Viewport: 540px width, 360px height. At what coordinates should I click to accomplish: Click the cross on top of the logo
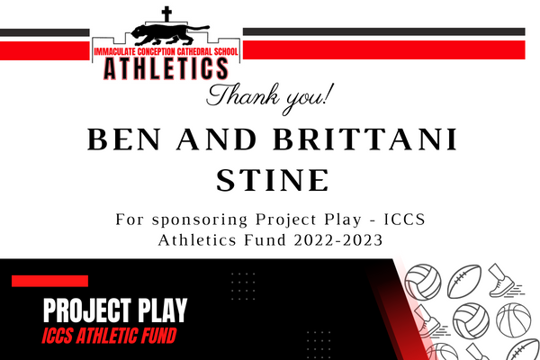tap(166, 14)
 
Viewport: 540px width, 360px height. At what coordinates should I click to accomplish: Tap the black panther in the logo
tap(170, 34)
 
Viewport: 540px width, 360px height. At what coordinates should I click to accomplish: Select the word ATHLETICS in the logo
tap(166, 68)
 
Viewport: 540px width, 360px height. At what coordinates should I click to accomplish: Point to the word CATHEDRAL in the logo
tap(194, 51)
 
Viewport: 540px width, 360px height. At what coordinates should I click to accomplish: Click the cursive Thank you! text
tap(270, 97)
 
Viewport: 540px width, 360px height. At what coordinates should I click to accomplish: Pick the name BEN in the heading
tap(124, 139)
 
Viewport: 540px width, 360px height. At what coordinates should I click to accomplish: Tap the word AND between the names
tap(217, 139)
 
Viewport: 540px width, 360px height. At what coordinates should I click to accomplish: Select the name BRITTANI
tap(365, 139)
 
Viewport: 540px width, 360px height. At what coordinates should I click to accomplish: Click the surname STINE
tap(273, 180)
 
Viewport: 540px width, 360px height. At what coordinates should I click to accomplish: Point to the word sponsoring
tap(200, 220)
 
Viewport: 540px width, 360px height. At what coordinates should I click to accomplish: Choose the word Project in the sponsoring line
tap(286, 220)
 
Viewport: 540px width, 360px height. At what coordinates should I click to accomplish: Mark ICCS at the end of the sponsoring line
tap(405, 220)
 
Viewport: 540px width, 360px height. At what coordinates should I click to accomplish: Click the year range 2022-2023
tap(338, 240)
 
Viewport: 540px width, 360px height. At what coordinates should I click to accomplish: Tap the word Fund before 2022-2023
tap(265, 239)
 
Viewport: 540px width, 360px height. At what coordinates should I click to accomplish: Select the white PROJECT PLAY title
tap(115, 310)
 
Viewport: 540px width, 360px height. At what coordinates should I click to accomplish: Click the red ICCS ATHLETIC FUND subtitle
tap(109, 336)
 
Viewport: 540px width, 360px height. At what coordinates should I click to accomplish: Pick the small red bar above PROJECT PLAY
tap(49, 281)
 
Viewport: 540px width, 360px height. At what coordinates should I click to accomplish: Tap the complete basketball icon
tap(514, 320)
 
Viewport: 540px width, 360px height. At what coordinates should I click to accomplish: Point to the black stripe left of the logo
tap(45, 32)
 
